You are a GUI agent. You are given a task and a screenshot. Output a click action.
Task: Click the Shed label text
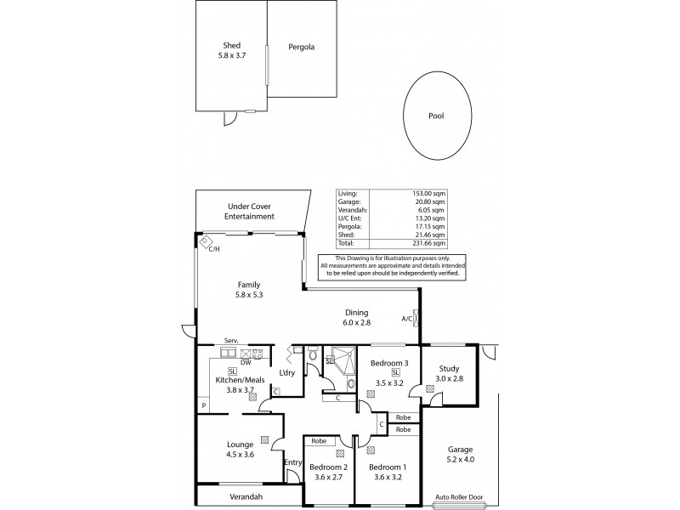point(231,45)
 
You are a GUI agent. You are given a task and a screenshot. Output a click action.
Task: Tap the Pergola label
point(300,48)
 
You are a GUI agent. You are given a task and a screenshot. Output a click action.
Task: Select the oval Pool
point(437,116)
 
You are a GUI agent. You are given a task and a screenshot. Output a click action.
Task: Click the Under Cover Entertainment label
point(249,212)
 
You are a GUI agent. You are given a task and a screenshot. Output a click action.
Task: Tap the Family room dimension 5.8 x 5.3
point(249,296)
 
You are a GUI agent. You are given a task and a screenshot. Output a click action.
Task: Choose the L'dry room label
point(287,373)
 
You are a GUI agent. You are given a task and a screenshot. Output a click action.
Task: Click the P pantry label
point(203,406)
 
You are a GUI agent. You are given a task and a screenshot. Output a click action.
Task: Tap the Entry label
point(292,462)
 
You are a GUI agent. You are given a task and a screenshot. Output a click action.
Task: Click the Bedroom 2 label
point(327,467)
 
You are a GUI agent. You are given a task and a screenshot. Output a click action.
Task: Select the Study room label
point(449,368)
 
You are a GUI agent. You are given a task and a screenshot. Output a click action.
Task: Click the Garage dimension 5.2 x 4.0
point(461,460)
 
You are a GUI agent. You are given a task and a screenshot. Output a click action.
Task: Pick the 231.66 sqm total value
point(428,243)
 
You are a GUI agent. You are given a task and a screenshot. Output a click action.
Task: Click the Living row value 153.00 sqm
point(428,193)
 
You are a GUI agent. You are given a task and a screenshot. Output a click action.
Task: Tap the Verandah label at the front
point(246,496)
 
